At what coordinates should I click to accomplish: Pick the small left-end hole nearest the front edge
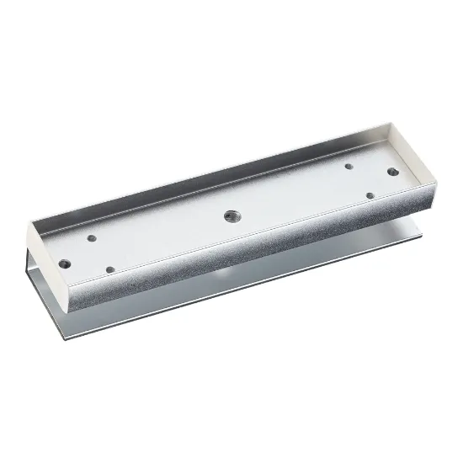coord(111,269)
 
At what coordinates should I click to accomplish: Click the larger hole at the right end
coord(392,173)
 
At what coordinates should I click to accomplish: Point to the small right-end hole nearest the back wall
coord(348,166)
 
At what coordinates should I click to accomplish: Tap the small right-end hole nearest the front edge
coord(370,194)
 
